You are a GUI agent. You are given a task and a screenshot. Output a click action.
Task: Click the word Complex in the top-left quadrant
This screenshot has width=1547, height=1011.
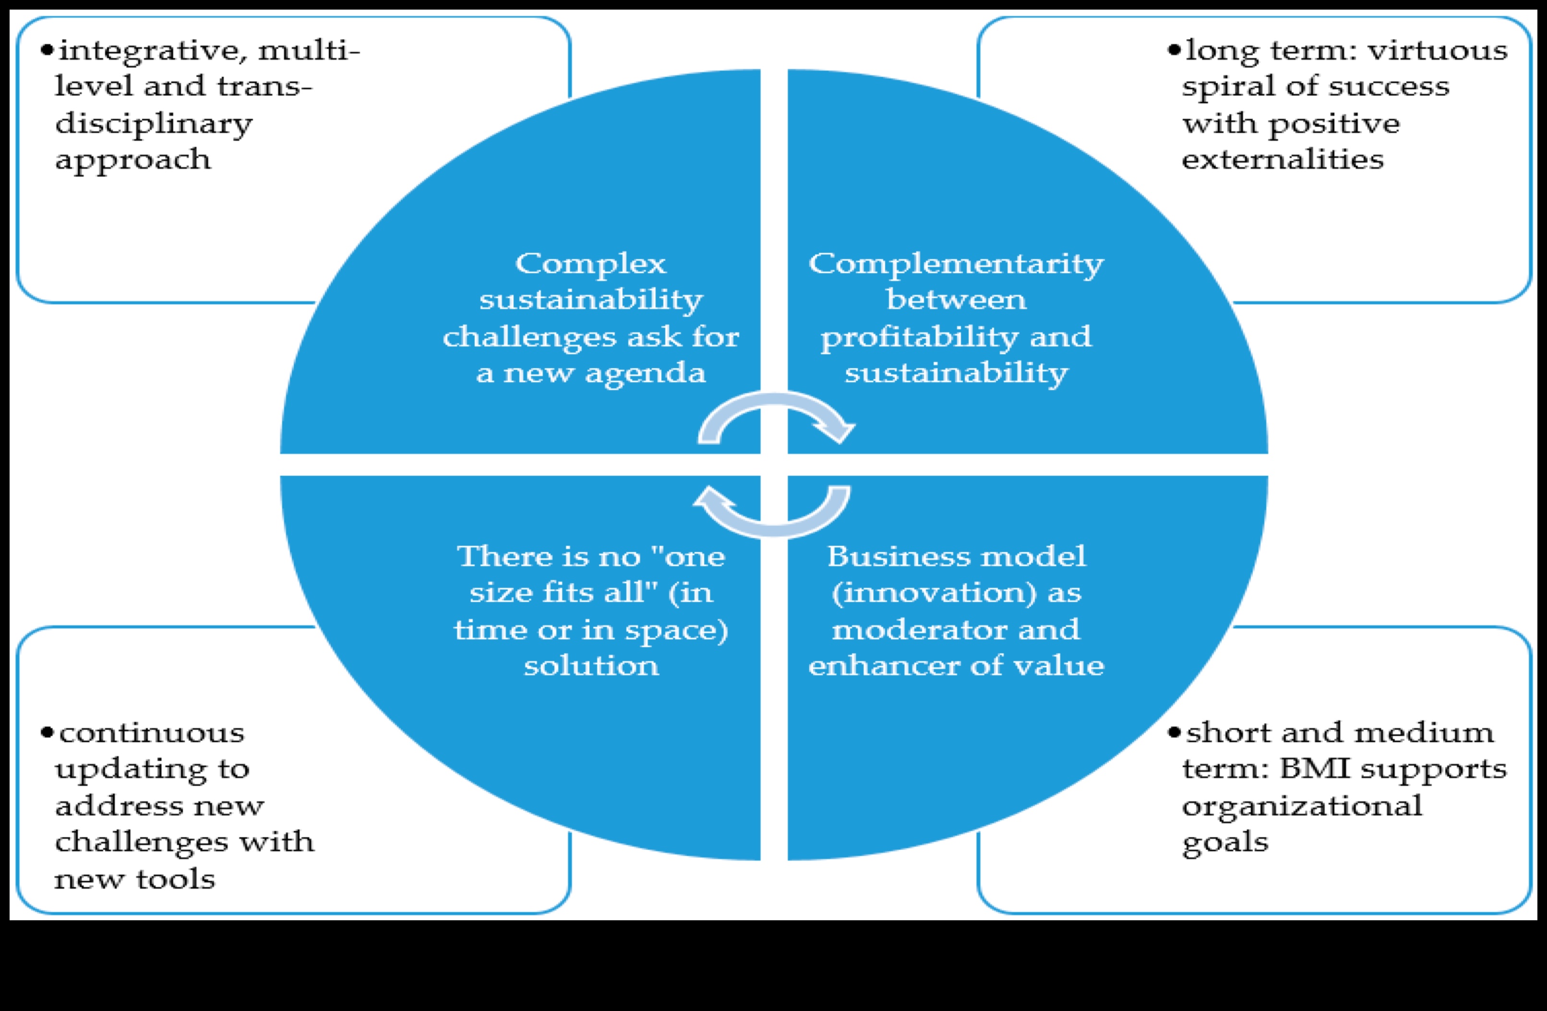[590, 264]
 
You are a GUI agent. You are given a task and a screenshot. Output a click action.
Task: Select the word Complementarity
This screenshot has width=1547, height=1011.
[956, 264]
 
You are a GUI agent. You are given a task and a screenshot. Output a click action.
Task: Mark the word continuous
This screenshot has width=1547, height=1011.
[152, 733]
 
